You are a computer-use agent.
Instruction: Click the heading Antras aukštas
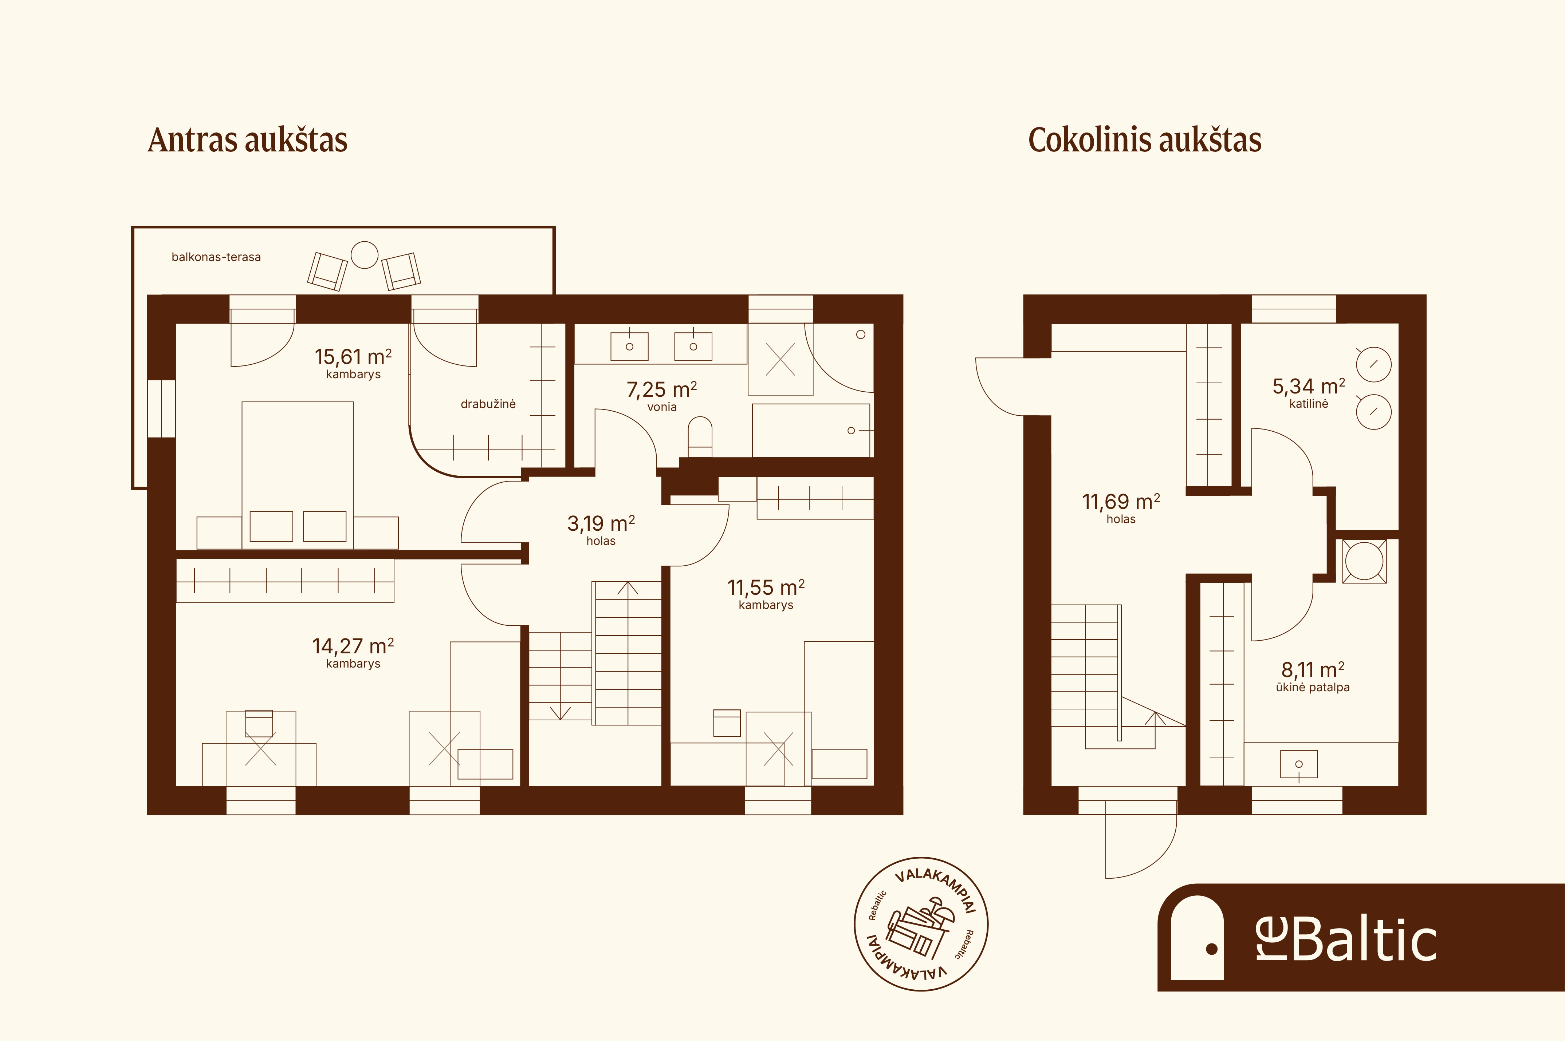coord(248,140)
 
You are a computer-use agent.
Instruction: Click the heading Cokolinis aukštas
coord(1145,140)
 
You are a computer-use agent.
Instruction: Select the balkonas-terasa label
coord(216,257)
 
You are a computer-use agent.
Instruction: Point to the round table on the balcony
coord(365,255)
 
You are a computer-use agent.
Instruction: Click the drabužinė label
coord(488,404)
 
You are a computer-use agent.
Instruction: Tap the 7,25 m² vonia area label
coord(662,396)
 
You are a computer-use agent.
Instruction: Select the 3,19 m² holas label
coord(601,530)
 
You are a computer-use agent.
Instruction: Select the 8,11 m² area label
coord(1313,669)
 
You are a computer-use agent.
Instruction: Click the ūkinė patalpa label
coord(1313,688)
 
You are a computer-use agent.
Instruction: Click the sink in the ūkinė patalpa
coord(1299,764)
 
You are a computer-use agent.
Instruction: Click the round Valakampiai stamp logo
coord(921,923)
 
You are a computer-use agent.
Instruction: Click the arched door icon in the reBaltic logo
coord(1197,937)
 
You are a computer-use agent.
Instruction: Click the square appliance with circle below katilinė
coord(1364,561)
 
